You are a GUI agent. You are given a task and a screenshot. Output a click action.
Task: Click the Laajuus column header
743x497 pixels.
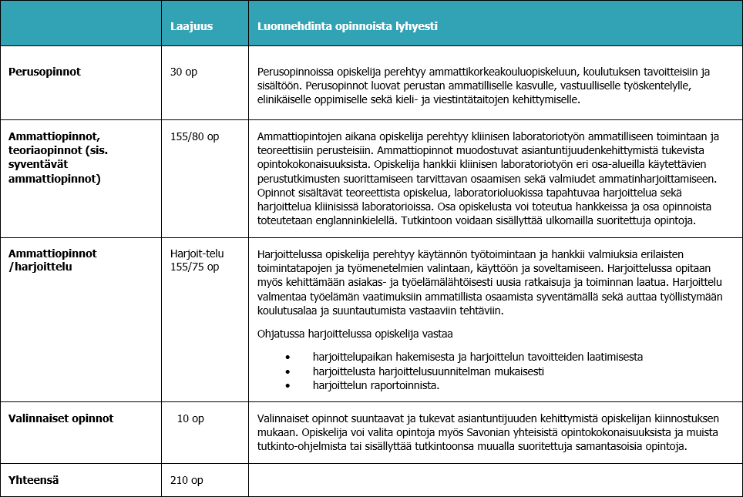(x=191, y=26)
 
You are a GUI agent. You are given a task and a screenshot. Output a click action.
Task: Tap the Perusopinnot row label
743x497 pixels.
(x=45, y=72)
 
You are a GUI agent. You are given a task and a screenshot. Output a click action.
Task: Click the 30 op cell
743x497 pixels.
(x=183, y=72)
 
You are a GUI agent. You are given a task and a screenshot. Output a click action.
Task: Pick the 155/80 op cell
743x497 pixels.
(x=194, y=136)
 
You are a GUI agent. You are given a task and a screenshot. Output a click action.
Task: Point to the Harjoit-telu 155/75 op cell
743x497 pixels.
(x=194, y=260)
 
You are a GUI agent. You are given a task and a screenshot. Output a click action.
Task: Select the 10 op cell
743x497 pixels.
(x=190, y=418)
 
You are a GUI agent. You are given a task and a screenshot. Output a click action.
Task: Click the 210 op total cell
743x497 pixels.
(x=187, y=480)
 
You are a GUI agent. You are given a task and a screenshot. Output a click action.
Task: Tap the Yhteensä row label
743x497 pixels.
(x=34, y=480)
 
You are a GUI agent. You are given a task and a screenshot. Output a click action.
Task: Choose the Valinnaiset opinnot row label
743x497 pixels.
(x=61, y=418)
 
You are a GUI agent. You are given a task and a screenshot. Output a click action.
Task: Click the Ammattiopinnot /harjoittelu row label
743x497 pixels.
(x=52, y=260)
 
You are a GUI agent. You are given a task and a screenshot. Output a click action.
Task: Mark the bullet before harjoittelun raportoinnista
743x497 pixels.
(x=287, y=385)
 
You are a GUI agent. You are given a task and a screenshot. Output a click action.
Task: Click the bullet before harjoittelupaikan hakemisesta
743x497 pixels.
(x=287, y=358)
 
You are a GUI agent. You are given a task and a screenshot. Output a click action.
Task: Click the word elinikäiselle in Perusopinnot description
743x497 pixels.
(x=285, y=99)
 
